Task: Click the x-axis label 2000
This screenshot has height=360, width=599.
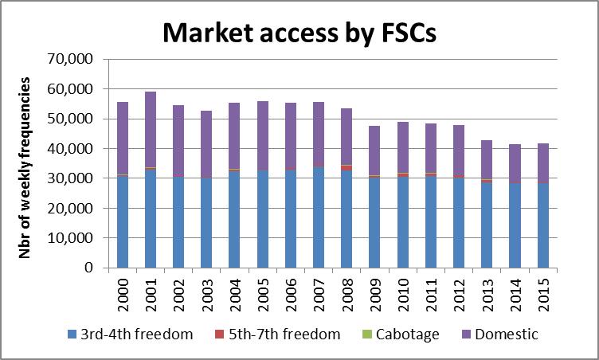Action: (122, 292)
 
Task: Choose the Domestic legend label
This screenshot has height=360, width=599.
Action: (505, 335)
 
